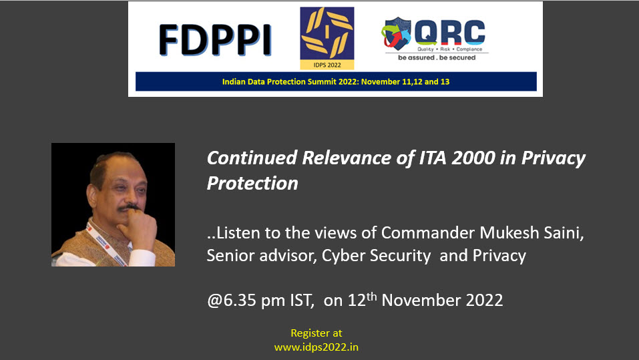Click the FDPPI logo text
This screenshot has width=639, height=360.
[x=215, y=39]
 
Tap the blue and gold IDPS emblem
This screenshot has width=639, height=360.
[x=327, y=33]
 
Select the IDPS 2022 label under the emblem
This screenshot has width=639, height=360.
[x=327, y=65]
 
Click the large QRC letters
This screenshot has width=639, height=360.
[x=449, y=32]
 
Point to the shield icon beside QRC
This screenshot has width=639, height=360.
[x=397, y=33]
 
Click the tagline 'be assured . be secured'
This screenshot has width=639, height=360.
[x=437, y=57]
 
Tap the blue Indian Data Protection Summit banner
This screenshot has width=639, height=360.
[x=336, y=81]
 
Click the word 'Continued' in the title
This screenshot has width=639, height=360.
[x=252, y=158]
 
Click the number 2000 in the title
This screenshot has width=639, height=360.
[x=473, y=158]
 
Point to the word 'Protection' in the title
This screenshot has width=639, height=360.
[x=252, y=183]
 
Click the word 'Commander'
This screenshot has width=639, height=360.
[x=428, y=232]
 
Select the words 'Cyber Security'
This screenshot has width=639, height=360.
[x=376, y=256]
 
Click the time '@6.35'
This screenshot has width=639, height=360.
[x=232, y=300]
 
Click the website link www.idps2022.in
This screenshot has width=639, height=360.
[x=316, y=347]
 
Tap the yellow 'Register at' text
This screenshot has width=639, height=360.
[x=316, y=333]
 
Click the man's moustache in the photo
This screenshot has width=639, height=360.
[x=128, y=208]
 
